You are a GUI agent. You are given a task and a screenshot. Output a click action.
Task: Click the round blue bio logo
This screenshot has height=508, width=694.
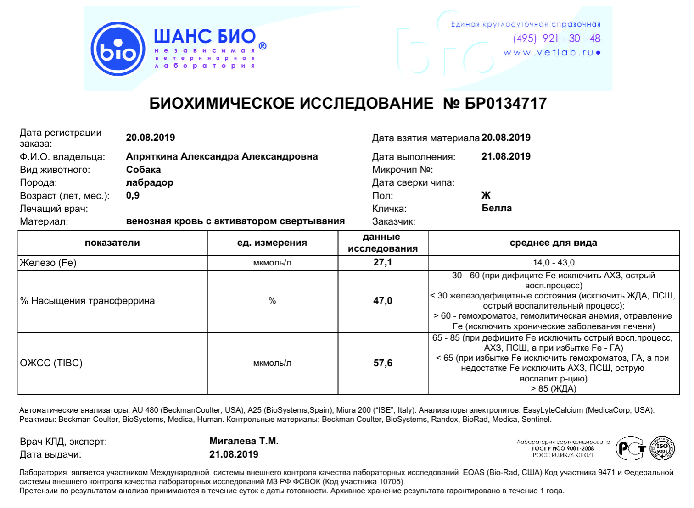point(118,49)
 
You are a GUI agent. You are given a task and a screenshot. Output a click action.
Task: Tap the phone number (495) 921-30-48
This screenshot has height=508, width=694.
point(556,39)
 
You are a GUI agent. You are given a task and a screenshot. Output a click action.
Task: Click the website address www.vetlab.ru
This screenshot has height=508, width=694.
point(551,53)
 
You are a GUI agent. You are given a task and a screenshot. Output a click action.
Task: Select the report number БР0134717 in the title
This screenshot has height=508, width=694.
point(505,104)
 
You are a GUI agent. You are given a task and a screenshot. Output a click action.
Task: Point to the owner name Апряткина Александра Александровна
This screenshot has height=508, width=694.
point(222,156)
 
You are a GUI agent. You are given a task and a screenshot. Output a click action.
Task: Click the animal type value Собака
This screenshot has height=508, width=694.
point(143,170)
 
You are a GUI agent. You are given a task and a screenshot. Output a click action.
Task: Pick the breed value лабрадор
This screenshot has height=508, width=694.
point(150,182)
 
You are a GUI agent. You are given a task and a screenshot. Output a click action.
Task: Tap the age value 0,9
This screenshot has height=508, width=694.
point(133,195)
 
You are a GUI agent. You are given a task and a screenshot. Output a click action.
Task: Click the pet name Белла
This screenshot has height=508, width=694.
point(497,208)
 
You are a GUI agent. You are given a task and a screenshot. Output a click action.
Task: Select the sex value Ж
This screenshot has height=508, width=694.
point(486,195)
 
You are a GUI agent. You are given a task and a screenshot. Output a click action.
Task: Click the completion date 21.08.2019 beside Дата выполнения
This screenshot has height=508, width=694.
point(506,156)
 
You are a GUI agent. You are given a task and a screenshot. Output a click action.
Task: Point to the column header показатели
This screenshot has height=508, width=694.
point(112,243)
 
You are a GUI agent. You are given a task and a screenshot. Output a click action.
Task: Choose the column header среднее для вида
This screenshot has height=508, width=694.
point(553,243)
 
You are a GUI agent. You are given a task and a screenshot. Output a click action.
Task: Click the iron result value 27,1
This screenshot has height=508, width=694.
point(383,262)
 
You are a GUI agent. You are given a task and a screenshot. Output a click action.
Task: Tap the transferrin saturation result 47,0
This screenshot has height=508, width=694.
point(383,301)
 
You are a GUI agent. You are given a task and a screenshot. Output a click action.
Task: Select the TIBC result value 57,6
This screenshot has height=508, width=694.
point(383,363)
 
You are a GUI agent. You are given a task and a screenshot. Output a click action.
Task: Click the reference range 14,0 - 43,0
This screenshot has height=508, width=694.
point(554,263)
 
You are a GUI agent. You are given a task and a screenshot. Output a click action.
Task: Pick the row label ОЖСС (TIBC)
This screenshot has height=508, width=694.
point(51,363)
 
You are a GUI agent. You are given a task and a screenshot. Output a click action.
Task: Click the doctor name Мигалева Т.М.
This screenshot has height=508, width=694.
point(244,441)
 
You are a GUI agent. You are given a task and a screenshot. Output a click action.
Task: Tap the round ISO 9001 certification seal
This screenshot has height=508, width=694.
point(662,448)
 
